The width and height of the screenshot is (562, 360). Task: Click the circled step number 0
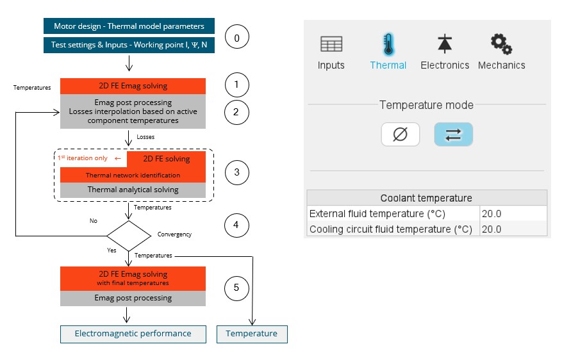pyautogui.click(x=236, y=38)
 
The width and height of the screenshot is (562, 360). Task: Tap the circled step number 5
pyautogui.click(x=236, y=288)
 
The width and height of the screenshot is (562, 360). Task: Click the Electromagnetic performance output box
pyautogui.click(x=133, y=334)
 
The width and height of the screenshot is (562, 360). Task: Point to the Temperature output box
pyautogui.click(x=252, y=334)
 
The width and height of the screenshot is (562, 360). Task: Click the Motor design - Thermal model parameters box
pyautogui.click(x=129, y=26)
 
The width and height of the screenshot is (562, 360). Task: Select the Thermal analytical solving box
pyautogui.click(x=133, y=190)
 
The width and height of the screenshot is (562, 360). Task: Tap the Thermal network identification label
pyautogui.click(x=133, y=175)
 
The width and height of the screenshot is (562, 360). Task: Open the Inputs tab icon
pyautogui.click(x=331, y=44)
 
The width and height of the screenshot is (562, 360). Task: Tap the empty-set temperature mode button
pyautogui.click(x=401, y=135)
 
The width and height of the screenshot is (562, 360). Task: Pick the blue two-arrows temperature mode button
pyautogui.click(x=453, y=135)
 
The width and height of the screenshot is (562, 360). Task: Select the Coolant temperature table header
pyautogui.click(x=427, y=198)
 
